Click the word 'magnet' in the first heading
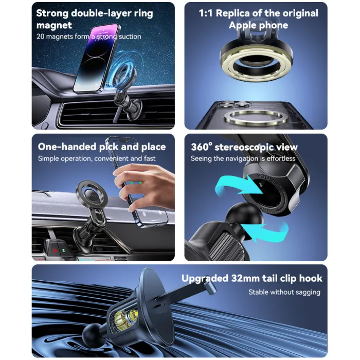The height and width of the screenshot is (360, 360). click(x=54, y=25)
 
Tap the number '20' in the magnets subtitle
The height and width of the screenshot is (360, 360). click(x=40, y=37)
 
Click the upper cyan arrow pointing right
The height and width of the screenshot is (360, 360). click(x=238, y=185)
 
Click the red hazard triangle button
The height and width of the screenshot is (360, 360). click(x=56, y=250)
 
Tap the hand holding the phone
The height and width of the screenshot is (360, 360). click(x=144, y=186)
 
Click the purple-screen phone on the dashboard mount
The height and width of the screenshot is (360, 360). click(x=97, y=59)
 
